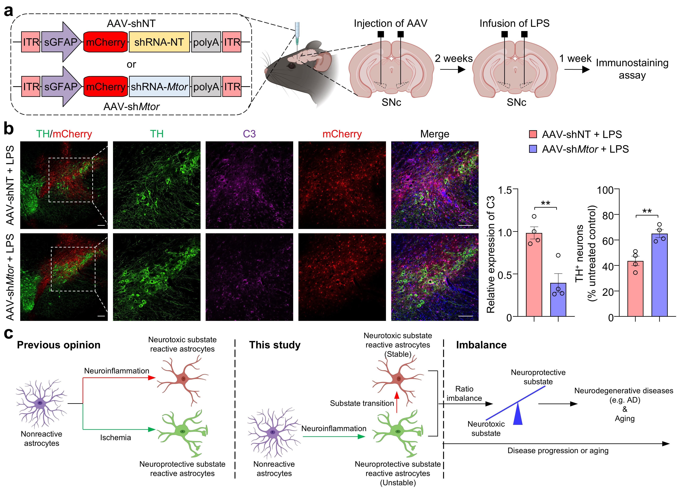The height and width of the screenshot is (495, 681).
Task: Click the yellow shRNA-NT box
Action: [x=159, y=42]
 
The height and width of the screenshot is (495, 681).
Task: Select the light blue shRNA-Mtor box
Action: [x=159, y=87]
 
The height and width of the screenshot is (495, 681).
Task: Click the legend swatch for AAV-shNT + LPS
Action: [x=533, y=134]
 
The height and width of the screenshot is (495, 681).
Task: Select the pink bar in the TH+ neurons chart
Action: [x=635, y=289]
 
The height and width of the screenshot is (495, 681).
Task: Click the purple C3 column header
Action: [x=249, y=134]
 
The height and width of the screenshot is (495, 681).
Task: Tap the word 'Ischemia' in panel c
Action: [x=116, y=438]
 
